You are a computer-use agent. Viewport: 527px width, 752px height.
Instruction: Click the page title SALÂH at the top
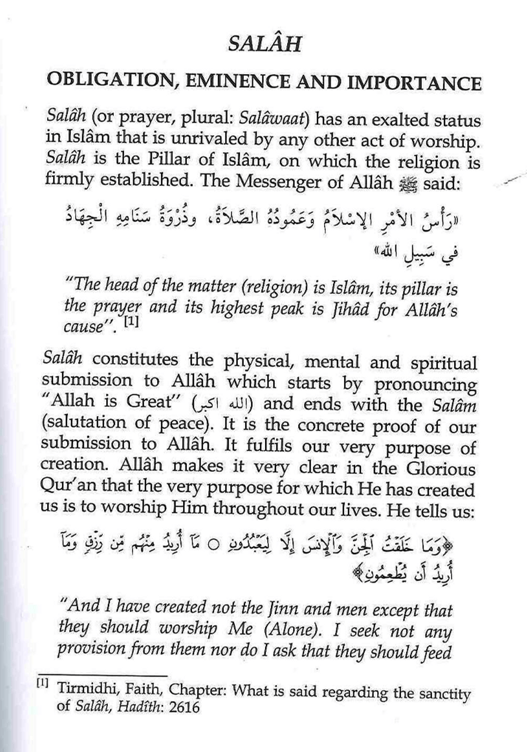[265, 43]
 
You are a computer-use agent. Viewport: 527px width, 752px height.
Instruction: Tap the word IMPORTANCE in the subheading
[414, 83]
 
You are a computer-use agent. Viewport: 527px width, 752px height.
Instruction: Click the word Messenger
[279, 182]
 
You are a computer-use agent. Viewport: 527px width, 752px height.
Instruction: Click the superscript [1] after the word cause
[130, 324]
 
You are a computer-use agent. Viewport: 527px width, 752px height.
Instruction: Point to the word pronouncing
[425, 385]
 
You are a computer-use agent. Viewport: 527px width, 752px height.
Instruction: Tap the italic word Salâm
[454, 405]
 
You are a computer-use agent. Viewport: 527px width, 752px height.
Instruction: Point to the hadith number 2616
[184, 707]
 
